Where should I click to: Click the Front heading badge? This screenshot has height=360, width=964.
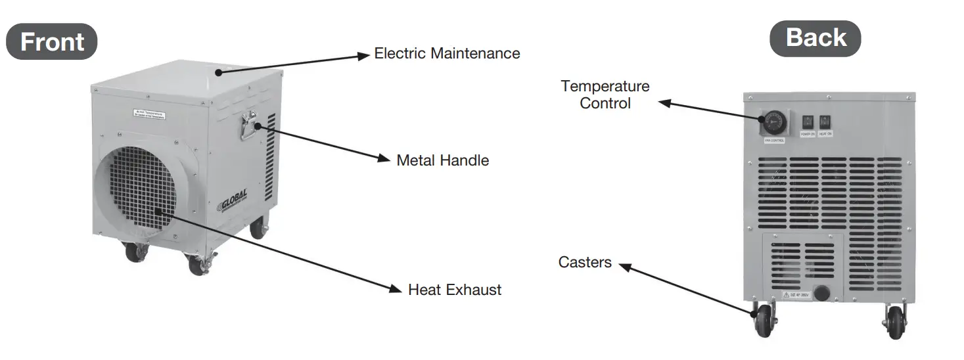(x=52, y=41)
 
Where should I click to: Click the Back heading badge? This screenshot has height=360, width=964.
(x=815, y=37)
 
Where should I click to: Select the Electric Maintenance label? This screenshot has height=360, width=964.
(x=447, y=53)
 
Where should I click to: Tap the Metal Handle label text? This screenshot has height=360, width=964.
(x=442, y=160)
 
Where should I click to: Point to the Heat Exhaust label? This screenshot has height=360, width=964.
(x=454, y=290)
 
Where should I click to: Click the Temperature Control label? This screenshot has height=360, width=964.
(x=605, y=95)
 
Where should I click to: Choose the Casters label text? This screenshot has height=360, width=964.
(x=585, y=263)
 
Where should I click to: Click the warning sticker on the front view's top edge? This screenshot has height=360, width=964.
(x=149, y=114)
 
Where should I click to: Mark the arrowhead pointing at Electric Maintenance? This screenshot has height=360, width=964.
(x=363, y=55)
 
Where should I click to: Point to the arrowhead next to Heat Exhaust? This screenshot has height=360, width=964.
(x=395, y=288)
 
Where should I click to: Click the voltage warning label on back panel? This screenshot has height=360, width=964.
(x=795, y=296)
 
